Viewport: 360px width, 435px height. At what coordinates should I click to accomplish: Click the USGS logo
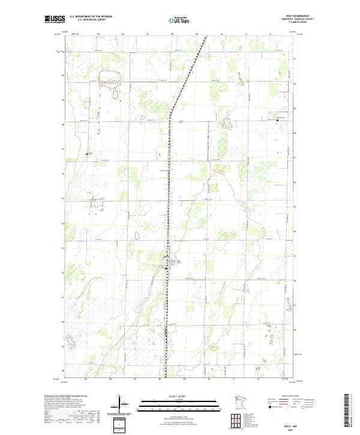tap(55, 19)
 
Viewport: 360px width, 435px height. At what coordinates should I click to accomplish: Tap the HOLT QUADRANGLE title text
tap(301, 16)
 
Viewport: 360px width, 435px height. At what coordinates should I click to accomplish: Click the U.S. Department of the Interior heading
tap(91, 17)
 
